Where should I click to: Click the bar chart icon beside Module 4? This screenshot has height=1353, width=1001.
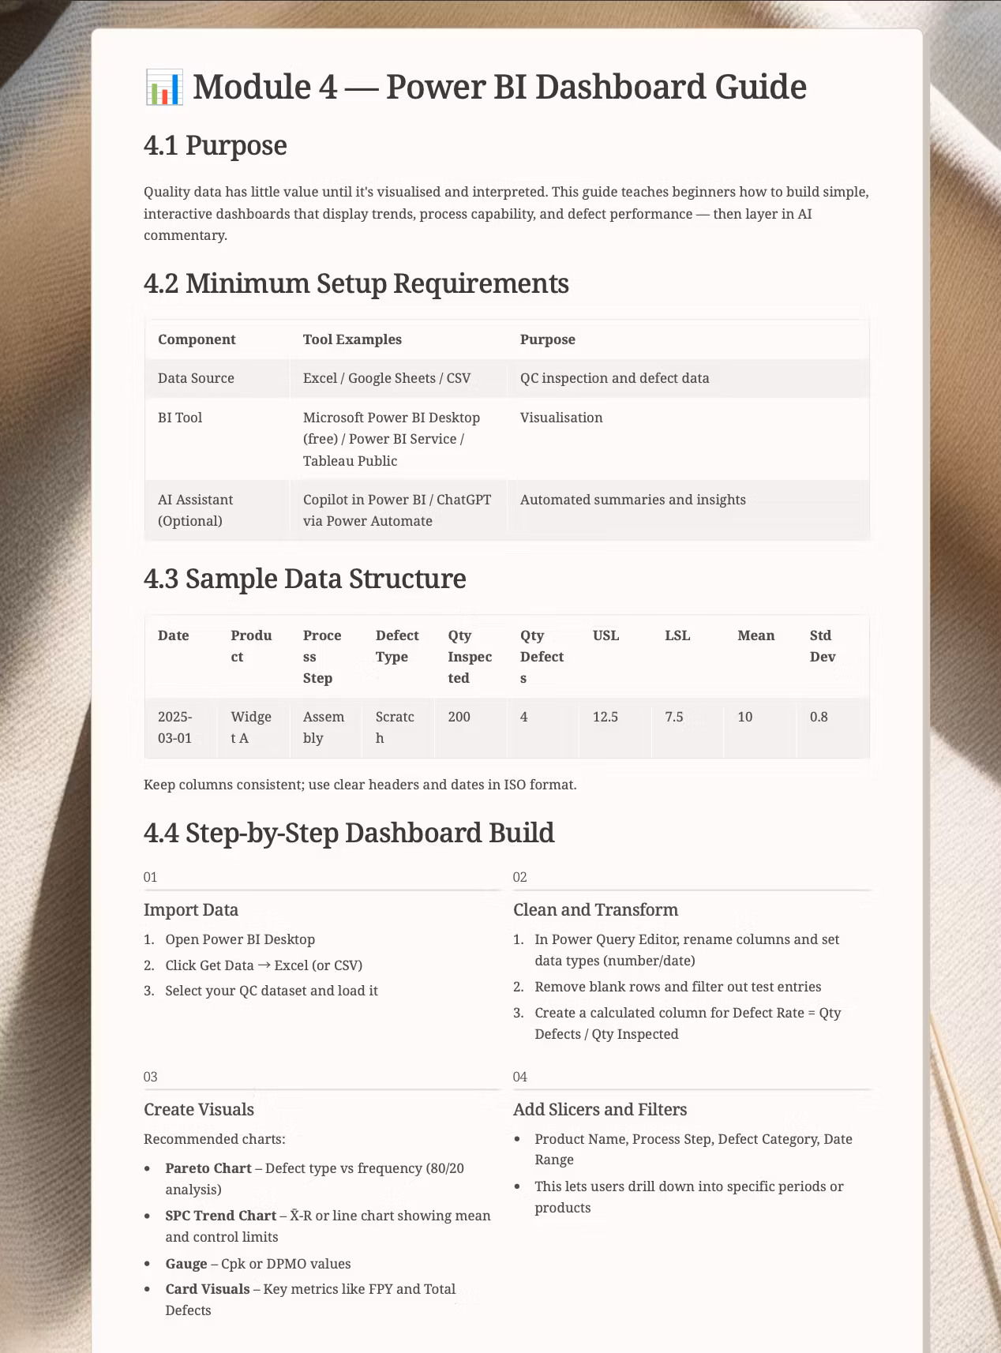click(x=164, y=87)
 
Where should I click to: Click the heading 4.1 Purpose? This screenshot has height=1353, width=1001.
click(x=215, y=146)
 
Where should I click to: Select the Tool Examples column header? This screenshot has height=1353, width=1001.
click(x=352, y=339)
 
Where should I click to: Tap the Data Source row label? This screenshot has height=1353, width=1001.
click(x=196, y=378)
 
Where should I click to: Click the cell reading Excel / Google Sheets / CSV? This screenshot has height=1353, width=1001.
click(x=387, y=378)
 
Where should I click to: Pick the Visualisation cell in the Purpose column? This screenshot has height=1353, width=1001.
click(x=561, y=418)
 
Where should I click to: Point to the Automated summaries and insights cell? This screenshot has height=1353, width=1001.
click(x=632, y=500)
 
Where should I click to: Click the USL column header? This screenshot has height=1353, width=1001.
click(x=605, y=635)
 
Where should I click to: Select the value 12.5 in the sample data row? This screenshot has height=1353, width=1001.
click(x=605, y=717)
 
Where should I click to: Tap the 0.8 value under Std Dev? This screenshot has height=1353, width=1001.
click(x=819, y=717)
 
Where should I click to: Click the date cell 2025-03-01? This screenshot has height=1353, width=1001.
click(x=174, y=727)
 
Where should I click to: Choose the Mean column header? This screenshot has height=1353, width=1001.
click(x=755, y=635)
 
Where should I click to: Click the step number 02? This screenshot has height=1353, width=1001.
click(x=519, y=877)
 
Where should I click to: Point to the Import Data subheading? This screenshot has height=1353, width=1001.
click(x=191, y=910)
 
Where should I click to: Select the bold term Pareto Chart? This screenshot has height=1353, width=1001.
click(x=208, y=1168)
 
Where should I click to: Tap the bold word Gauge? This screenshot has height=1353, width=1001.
click(x=186, y=1264)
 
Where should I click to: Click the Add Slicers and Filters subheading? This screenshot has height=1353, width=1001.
click(x=600, y=1110)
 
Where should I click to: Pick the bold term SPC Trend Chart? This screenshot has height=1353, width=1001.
click(x=221, y=1216)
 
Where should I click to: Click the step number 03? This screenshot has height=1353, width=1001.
click(x=150, y=1077)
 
